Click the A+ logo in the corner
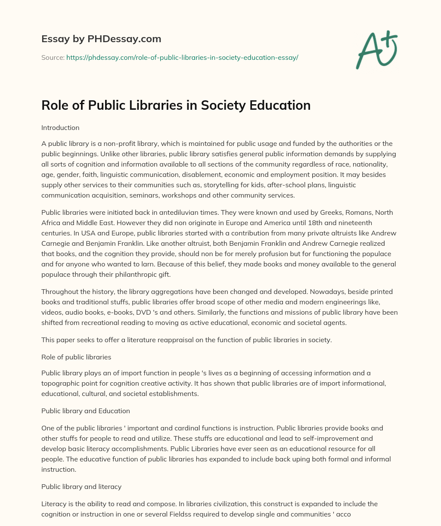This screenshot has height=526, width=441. (376, 50)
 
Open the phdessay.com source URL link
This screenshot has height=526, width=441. (182, 57)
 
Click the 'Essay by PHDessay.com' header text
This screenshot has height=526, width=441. (101, 39)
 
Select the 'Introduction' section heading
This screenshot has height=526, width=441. (60, 128)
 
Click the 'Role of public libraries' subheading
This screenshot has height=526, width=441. (76, 357)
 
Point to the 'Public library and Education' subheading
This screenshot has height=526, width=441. (86, 411)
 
